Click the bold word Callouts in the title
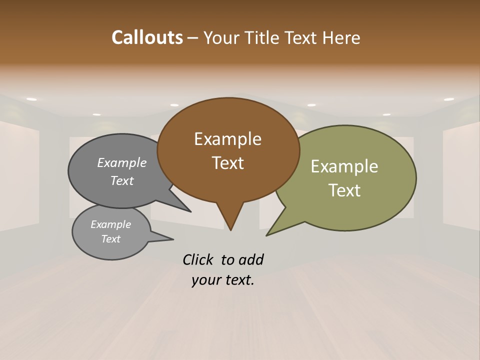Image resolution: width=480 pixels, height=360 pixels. tap(147, 37)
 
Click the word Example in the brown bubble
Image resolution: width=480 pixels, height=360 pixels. tap(227, 139)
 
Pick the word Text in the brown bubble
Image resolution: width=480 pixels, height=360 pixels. tap(227, 163)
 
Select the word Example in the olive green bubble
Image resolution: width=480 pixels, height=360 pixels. tap(344, 166)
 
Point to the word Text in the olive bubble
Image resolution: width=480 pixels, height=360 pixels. tap(344, 190)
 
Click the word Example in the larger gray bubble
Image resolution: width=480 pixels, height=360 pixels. tap(121, 163)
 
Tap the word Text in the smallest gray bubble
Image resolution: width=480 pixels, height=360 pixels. tap(110, 239)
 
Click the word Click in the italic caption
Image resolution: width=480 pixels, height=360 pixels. tap(198, 259)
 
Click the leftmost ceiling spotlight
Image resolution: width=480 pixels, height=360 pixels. tap(31, 99)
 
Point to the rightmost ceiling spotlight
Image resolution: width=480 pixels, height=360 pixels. tap(448, 99)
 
